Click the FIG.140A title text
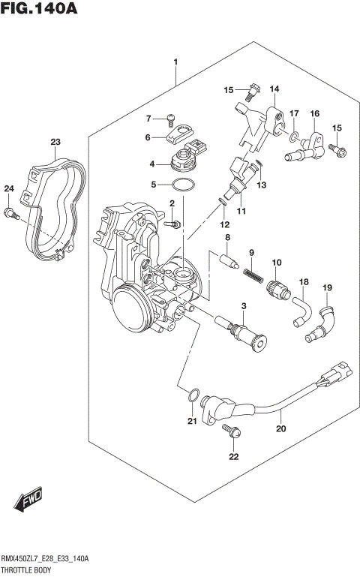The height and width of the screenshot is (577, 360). click(x=40, y=10)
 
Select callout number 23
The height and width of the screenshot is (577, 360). click(x=55, y=142)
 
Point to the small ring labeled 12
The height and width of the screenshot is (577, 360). click(x=223, y=200)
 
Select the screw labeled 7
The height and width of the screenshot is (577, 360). click(x=172, y=118)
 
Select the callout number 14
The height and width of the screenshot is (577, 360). click(x=274, y=89)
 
